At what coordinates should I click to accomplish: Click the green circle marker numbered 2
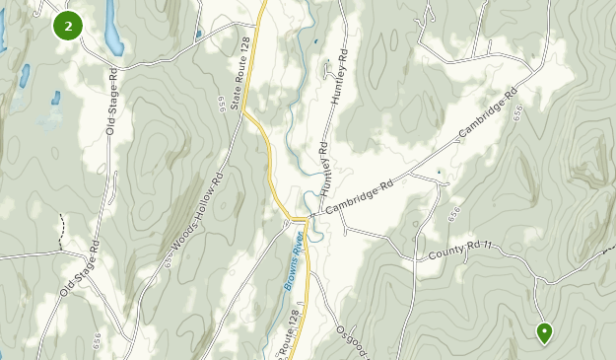pyautogui.click(x=68, y=26)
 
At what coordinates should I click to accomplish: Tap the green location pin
pyautogui.click(x=543, y=332)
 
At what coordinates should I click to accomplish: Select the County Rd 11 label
pyautogui.click(x=458, y=254)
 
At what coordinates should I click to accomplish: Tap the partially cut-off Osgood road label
pyautogui.click(x=351, y=341)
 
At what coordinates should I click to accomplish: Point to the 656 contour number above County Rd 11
pyautogui.click(x=453, y=212)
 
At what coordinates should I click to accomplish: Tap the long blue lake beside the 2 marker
pyautogui.click(x=112, y=27)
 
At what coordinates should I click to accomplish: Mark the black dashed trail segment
pyautogui.click(x=61, y=226)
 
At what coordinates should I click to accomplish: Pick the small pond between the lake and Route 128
pyautogui.click(x=198, y=35)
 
